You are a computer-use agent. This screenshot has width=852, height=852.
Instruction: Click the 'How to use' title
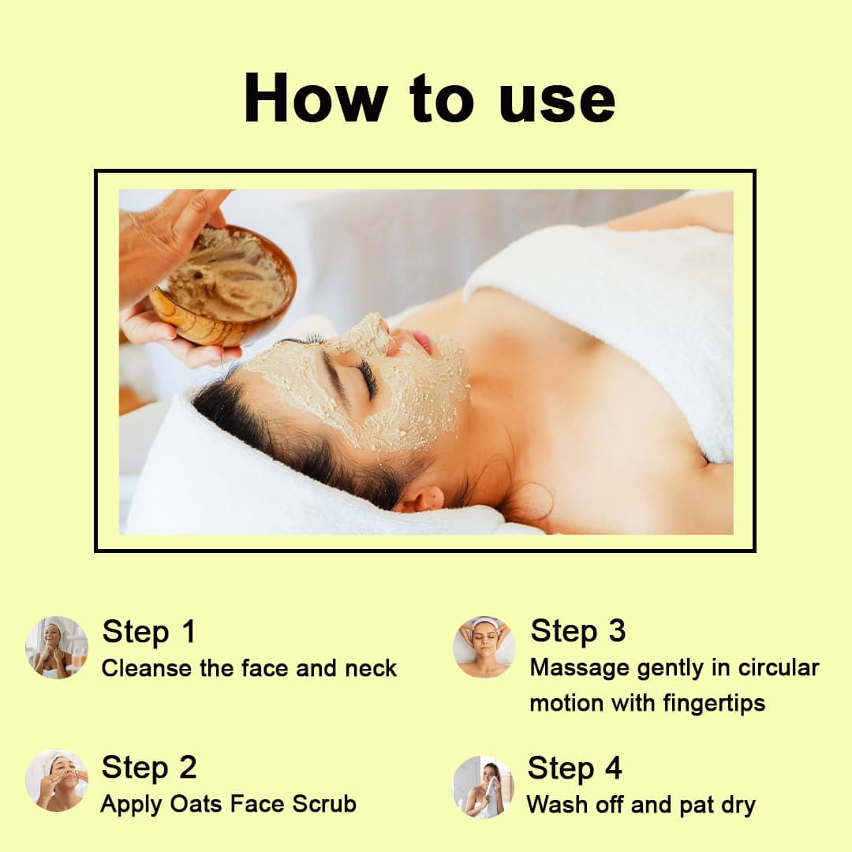click(429, 99)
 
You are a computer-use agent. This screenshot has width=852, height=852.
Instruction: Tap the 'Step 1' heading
click(149, 632)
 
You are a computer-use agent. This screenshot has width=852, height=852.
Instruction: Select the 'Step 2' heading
click(149, 768)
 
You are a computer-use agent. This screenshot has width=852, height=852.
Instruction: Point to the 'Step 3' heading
click(578, 631)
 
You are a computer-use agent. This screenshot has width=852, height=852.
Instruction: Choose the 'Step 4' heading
click(574, 768)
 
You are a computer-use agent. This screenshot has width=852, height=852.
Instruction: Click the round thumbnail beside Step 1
click(57, 647)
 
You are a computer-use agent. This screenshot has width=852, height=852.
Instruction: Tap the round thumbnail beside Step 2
click(57, 781)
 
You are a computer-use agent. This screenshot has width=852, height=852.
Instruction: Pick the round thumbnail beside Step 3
click(484, 647)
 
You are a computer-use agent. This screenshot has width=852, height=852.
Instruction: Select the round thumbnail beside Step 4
click(483, 787)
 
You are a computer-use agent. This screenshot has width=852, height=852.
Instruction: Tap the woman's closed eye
click(368, 378)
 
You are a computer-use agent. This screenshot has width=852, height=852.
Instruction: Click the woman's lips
click(421, 342)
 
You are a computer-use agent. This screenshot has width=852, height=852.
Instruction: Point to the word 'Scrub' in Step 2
click(324, 804)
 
